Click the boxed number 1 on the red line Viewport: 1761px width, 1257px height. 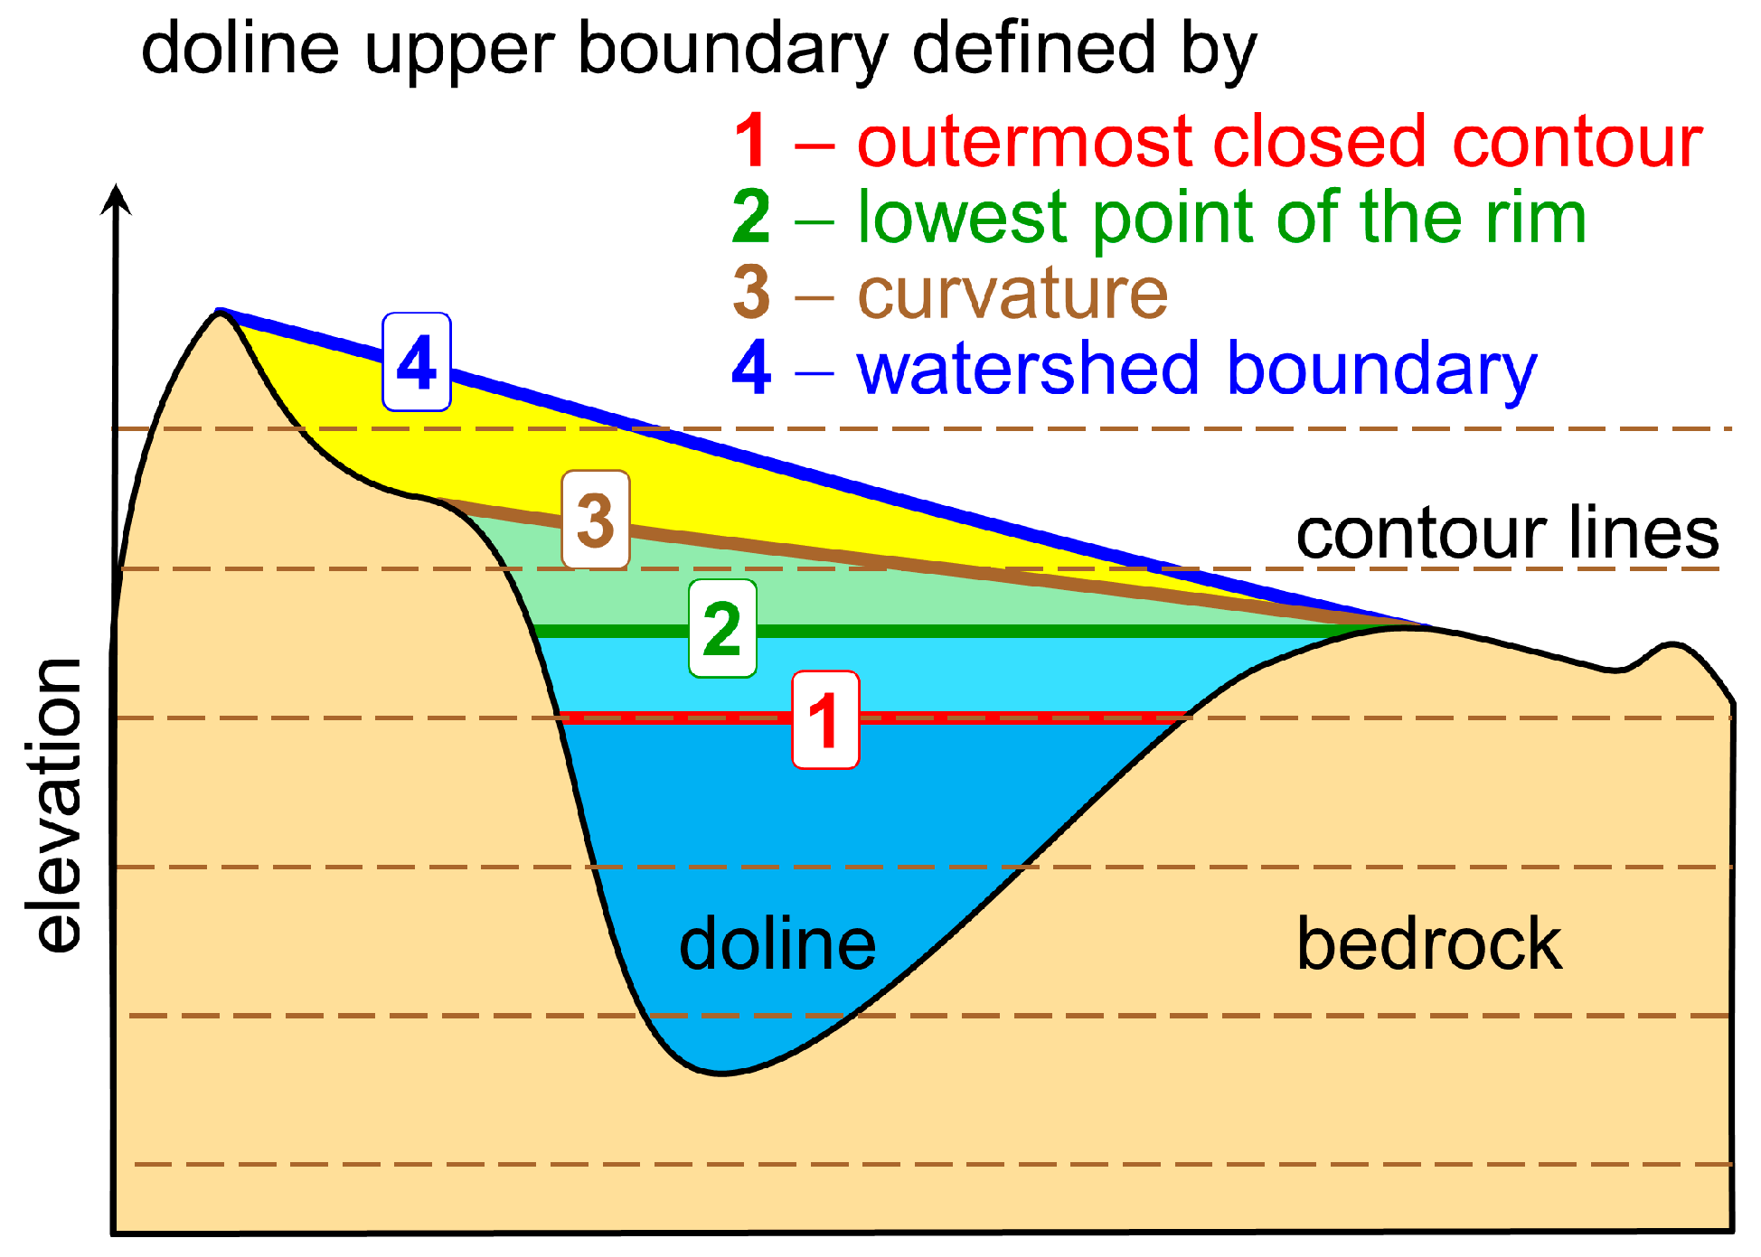[x=824, y=720]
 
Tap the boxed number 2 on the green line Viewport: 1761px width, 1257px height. [x=721, y=629]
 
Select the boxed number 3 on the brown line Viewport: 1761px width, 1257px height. [x=595, y=520]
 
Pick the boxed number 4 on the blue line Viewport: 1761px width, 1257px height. [x=416, y=362]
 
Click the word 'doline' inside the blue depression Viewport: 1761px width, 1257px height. [x=777, y=944]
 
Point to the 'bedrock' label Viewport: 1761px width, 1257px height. [x=1428, y=944]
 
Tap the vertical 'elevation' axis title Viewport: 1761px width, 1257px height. [x=58, y=804]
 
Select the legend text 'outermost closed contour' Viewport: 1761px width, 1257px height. [x=1279, y=142]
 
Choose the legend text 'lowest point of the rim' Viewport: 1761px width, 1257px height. [x=1221, y=218]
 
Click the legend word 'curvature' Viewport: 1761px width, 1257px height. [x=1012, y=294]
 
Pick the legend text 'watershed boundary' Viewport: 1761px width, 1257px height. [x=1197, y=369]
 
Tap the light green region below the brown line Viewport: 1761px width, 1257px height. [x=814, y=592]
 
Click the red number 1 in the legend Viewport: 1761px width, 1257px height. [x=751, y=142]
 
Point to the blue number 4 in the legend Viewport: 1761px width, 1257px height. [x=751, y=369]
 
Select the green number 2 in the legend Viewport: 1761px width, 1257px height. [x=751, y=218]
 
